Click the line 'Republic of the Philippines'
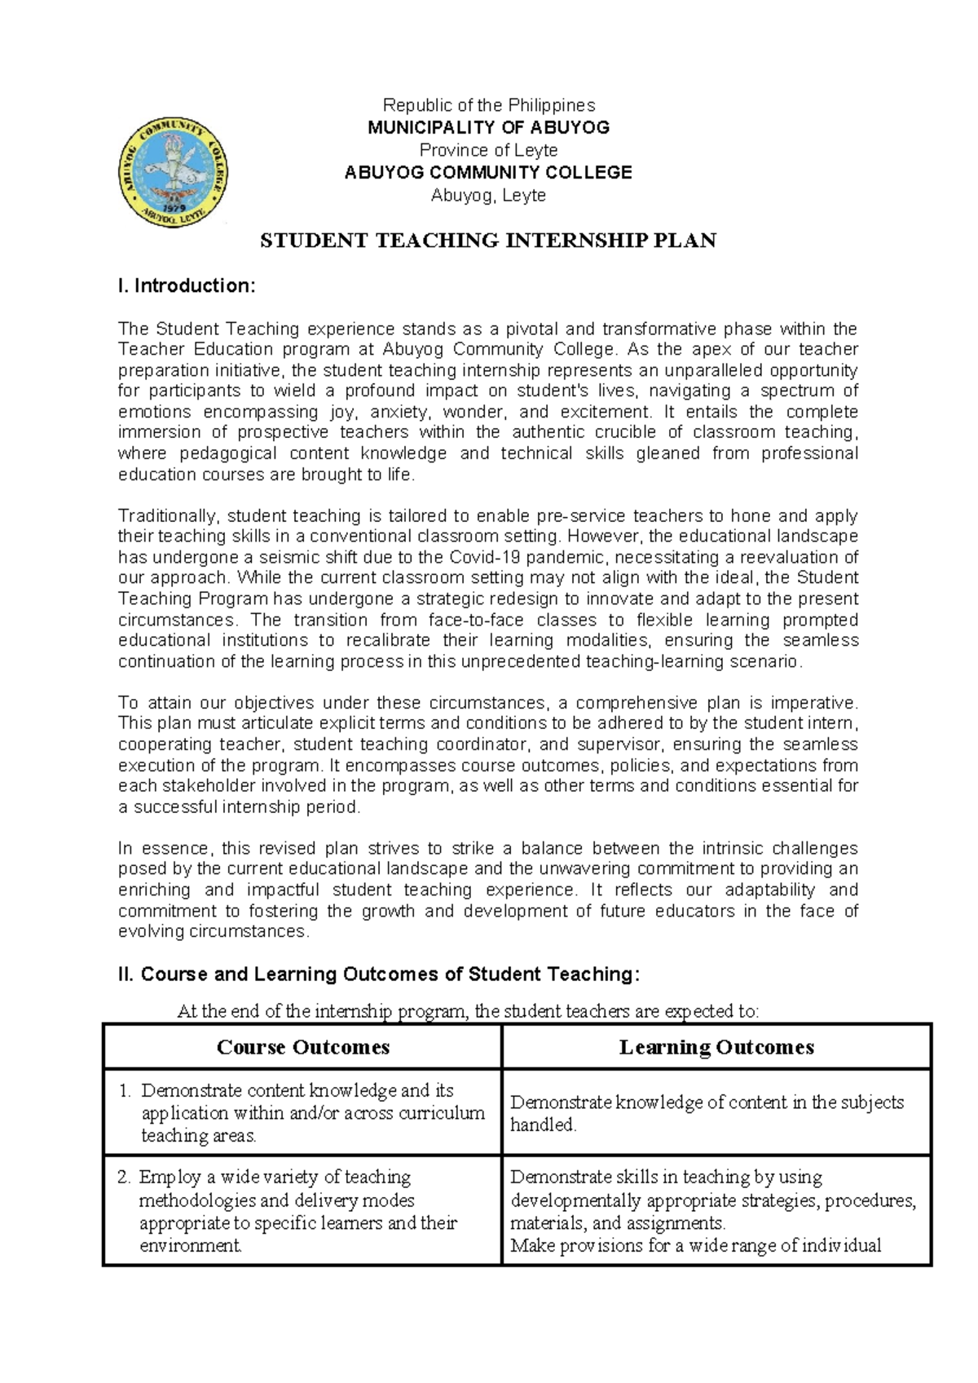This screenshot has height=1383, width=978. [489, 105]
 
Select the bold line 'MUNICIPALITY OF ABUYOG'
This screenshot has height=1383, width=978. [489, 127]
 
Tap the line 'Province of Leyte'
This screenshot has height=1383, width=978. [489, 150]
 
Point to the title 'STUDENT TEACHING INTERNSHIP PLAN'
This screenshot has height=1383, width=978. [487, 241]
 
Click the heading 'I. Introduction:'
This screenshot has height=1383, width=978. [187, 286]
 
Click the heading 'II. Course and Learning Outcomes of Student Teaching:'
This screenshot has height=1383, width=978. [379, 974]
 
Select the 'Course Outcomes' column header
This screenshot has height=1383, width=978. [303, 1047]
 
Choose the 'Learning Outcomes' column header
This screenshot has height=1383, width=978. [716, 1047]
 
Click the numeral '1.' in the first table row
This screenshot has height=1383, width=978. [125, 1091]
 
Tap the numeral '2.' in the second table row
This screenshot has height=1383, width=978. [124, 1178]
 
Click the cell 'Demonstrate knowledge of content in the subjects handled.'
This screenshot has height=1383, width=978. [707, 1114]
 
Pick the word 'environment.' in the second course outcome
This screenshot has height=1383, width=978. [191, 1246]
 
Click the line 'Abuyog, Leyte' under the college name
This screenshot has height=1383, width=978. [489, 196]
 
